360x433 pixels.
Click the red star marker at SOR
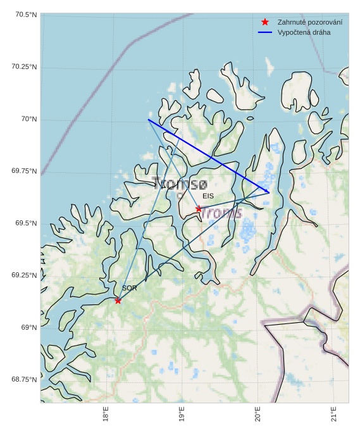pos(118,300)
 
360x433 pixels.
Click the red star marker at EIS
pos(199,208)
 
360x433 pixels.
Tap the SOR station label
pos(129,288)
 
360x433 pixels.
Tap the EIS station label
pos(208,196)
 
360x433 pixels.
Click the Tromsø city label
pos(179,184)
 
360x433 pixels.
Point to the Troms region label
pos(220,213)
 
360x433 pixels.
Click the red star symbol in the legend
pos(265,22)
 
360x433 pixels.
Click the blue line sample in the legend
pos(265,32)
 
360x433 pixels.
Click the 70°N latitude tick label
pos(29,119)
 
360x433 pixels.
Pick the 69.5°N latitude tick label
pos(25,223)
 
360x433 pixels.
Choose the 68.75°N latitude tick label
pos(25,379)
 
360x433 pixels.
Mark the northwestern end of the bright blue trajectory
pos(148,120)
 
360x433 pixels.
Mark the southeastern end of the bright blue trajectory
pos(269,192)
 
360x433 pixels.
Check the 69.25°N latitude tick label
pos(25,275)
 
